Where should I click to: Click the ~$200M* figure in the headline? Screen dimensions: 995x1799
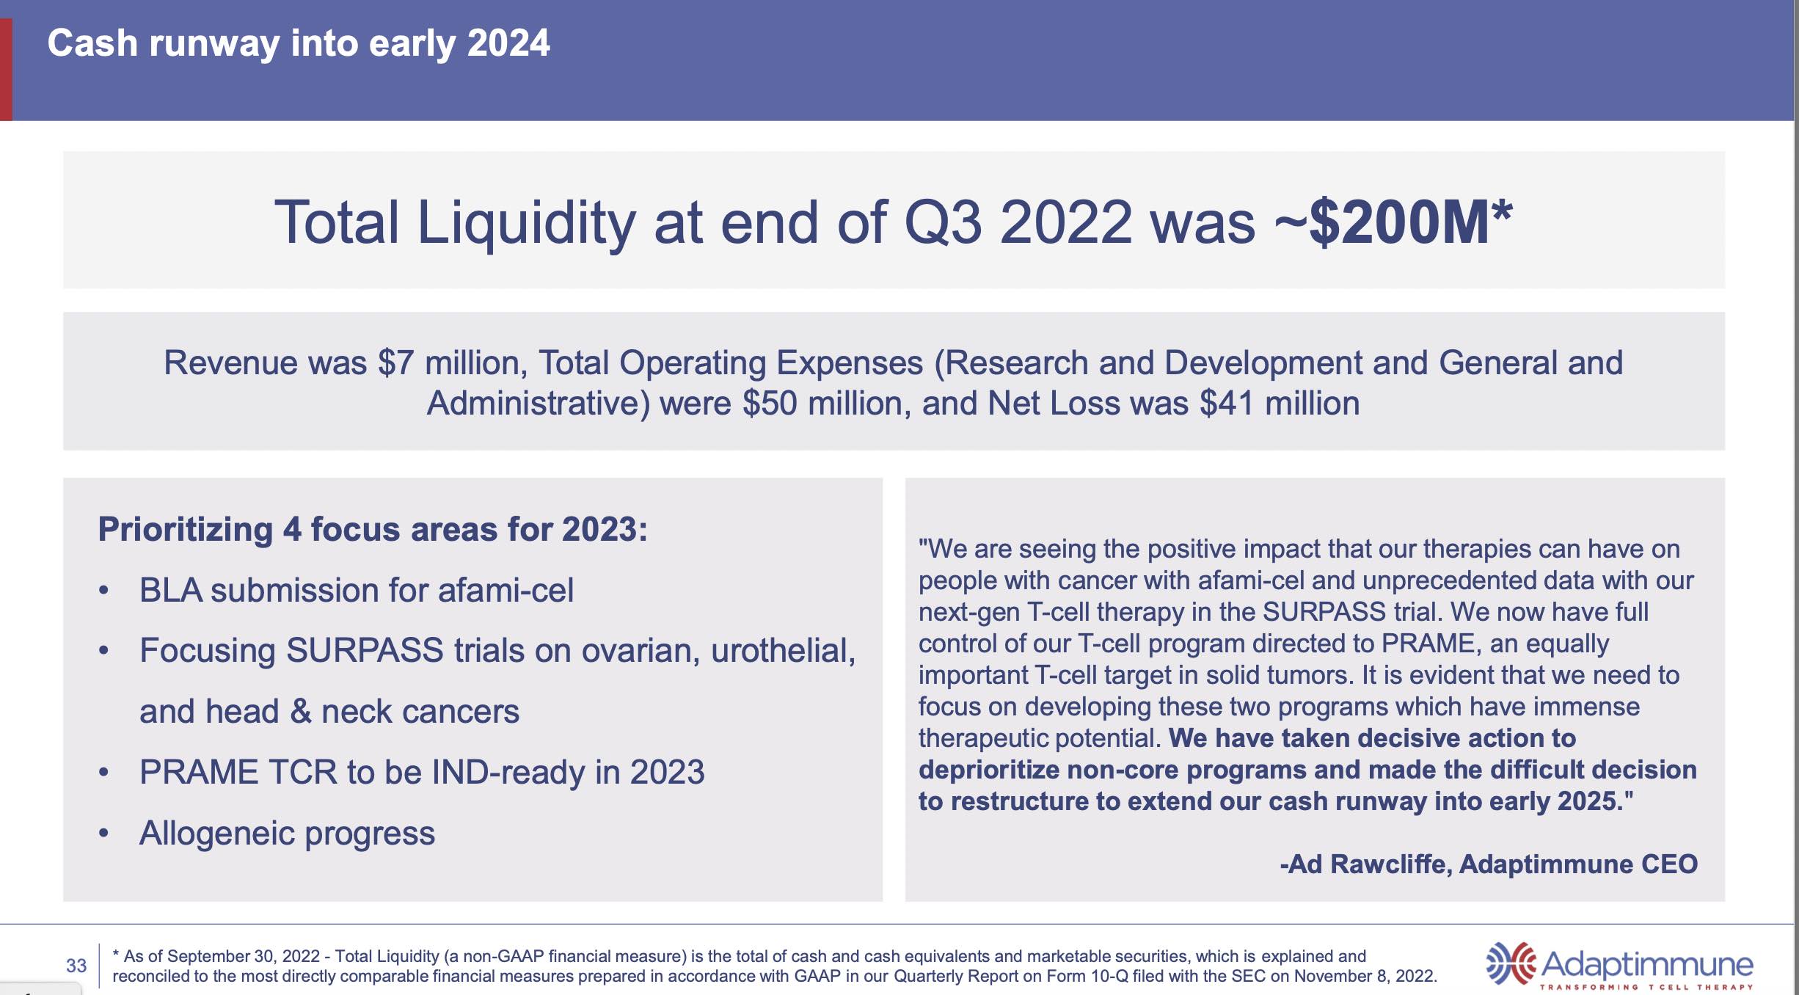[x=1393, y=222]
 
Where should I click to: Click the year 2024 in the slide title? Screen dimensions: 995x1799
[x=508, y=43]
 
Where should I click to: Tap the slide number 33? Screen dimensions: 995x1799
[x=76, y=966]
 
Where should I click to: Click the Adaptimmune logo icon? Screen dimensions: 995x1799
[x=1510, y=963]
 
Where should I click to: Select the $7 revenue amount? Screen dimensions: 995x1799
[x=396, y=363]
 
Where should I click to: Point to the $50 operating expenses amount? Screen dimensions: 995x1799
[x=770, y=404]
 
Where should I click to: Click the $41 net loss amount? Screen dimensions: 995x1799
[x=1227, y=404]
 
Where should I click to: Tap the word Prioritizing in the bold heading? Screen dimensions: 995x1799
[x=186, y=530]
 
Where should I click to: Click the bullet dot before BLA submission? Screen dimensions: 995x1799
[x=104, y=591]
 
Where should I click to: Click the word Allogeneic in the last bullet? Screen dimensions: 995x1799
[x=217, y=834]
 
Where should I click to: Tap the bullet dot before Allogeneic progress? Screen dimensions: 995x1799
[x=104, y=834]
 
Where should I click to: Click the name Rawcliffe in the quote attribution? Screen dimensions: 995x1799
[x=1390, y=864]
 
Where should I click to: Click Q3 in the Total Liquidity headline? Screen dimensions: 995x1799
[x=943, y=222]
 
